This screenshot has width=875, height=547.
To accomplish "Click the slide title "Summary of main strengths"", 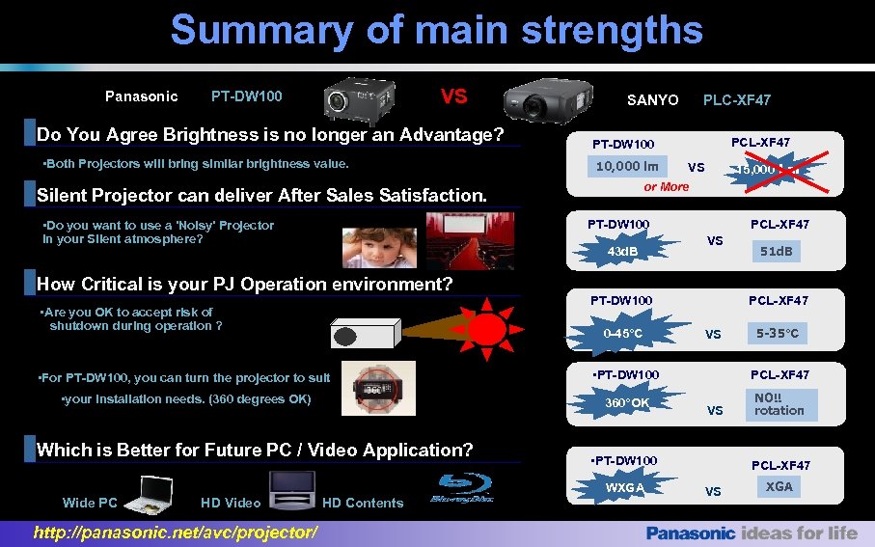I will coord(436,30).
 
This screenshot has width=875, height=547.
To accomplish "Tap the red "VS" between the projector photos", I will coord(453,96).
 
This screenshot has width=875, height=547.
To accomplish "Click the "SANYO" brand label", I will coord(652,100).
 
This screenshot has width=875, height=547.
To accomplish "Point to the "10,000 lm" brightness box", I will coord(627,166).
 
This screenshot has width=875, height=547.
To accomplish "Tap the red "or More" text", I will coord(666,187).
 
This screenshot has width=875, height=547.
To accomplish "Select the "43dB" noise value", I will coord(622,252).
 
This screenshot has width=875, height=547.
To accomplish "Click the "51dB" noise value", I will coord(777,252).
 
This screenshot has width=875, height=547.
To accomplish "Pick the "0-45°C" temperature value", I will coord(623,334).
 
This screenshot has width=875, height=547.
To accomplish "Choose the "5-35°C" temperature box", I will coord(778,334).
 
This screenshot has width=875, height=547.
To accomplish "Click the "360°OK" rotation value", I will coord(627,402).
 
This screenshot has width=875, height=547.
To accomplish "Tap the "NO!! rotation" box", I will coord(779,403).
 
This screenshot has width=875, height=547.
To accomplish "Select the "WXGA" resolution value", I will coord(625,487).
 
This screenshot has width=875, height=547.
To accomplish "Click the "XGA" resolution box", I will coord(779,487).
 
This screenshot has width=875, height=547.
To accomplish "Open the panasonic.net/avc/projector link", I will coord(175,533).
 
